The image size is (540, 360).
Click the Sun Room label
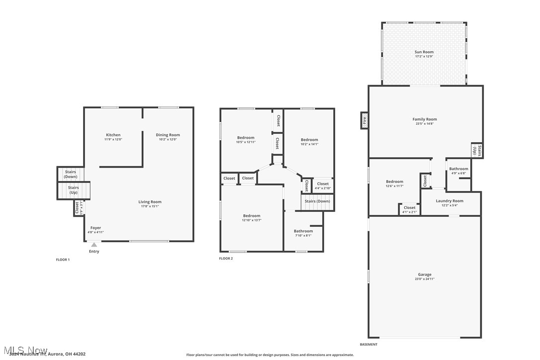(424, 52)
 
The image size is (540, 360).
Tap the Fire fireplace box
(364, 120)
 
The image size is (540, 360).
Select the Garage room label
(424, 274)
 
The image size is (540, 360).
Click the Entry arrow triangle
(94, 245)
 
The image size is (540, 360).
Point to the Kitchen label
(113, 135)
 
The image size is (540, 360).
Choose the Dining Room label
(168, 135)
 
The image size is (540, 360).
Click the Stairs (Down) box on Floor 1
(70, 174)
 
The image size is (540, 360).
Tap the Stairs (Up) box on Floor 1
(74, 190)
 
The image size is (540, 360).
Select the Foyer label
(95, 228)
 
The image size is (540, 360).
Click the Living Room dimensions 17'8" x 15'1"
(150, 206)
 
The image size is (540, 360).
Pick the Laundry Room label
(450, 201)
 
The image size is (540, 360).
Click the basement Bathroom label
(458, 169)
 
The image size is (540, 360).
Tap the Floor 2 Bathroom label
(303, 231)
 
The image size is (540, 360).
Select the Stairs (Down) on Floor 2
(317, 201)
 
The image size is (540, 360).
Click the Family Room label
(425, 119)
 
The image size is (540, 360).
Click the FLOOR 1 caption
(63, 260)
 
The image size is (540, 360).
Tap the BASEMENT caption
(368, 345)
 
